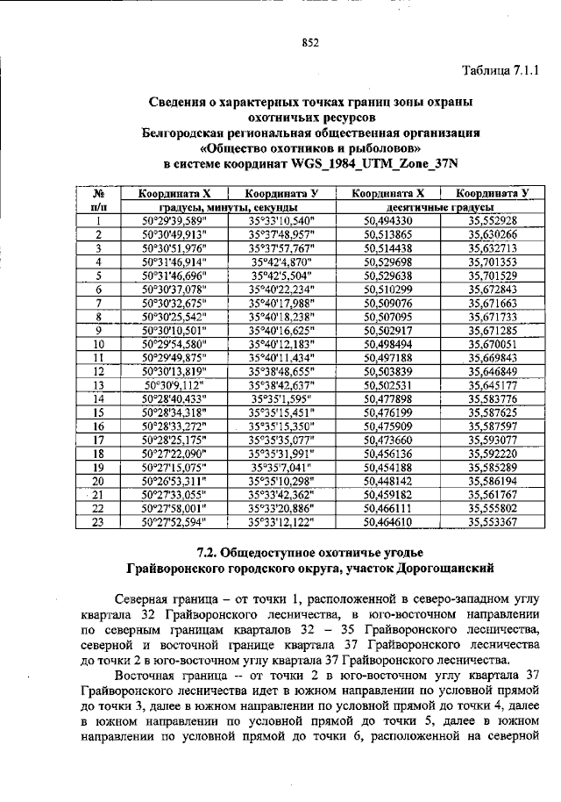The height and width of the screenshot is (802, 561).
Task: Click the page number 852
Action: (x=309, y=41)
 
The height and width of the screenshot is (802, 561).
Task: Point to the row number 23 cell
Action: (x=98, y=522)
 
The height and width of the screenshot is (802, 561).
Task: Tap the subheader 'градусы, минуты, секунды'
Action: (x=226, y=207)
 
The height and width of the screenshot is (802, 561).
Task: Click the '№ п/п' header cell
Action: (x=99, y=200)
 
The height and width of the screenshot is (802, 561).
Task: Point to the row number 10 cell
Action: (x=98, y=344)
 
